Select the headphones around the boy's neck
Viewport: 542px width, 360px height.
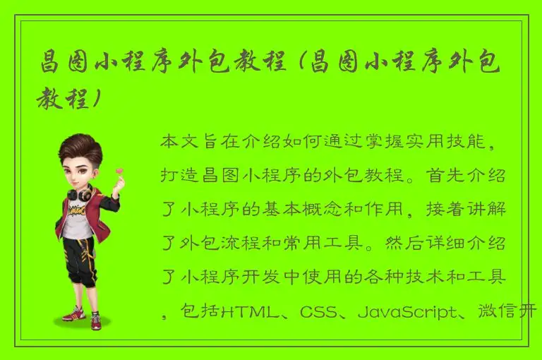click(x=78, y=191)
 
